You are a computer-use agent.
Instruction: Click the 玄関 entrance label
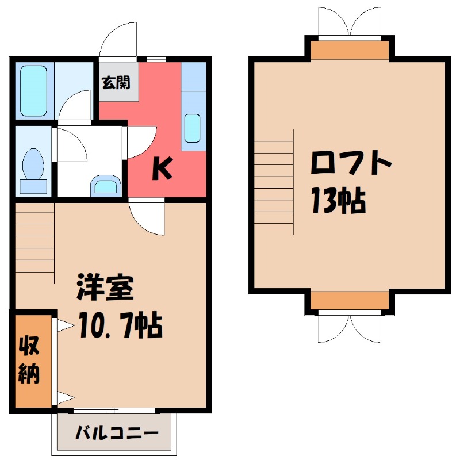[116, 82]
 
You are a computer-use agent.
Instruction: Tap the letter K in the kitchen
[162, 168]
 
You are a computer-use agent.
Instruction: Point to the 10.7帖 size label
[121, 327]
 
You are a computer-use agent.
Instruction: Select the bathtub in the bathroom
[33, 91]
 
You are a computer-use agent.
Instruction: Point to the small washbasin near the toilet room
[106, 185]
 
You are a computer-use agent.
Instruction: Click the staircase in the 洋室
[34, 241]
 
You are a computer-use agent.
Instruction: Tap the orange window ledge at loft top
[350, 51]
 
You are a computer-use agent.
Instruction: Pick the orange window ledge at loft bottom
[350, 300]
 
